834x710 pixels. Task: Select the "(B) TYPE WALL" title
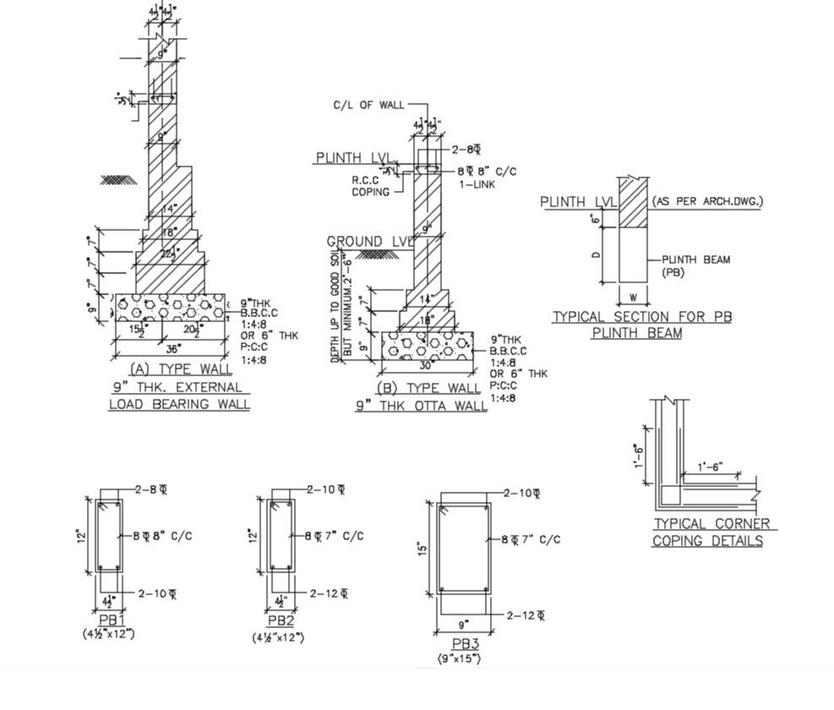point(421,388)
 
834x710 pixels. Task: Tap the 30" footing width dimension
point(428,365)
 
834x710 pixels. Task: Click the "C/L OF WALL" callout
point(368,106)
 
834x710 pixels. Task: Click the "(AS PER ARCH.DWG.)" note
point(706,201)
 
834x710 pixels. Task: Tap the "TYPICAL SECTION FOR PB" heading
point(641,317)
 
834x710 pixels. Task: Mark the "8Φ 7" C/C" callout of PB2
point(335,536)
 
